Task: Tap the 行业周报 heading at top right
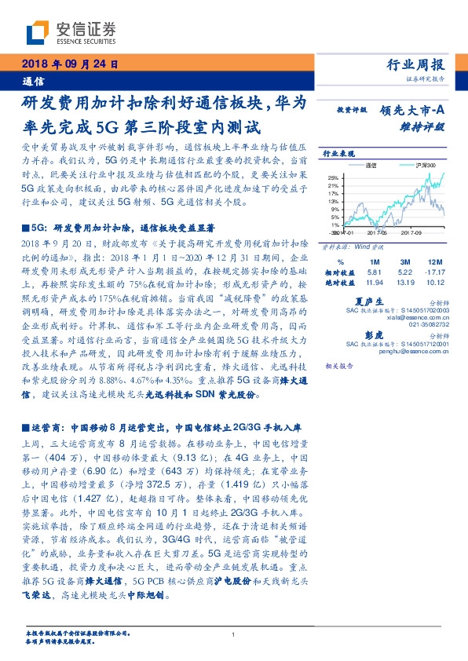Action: [417, 64]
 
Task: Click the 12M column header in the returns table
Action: [431, 261]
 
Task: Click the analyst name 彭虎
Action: [372, 333]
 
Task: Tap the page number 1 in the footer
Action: [234, 635]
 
